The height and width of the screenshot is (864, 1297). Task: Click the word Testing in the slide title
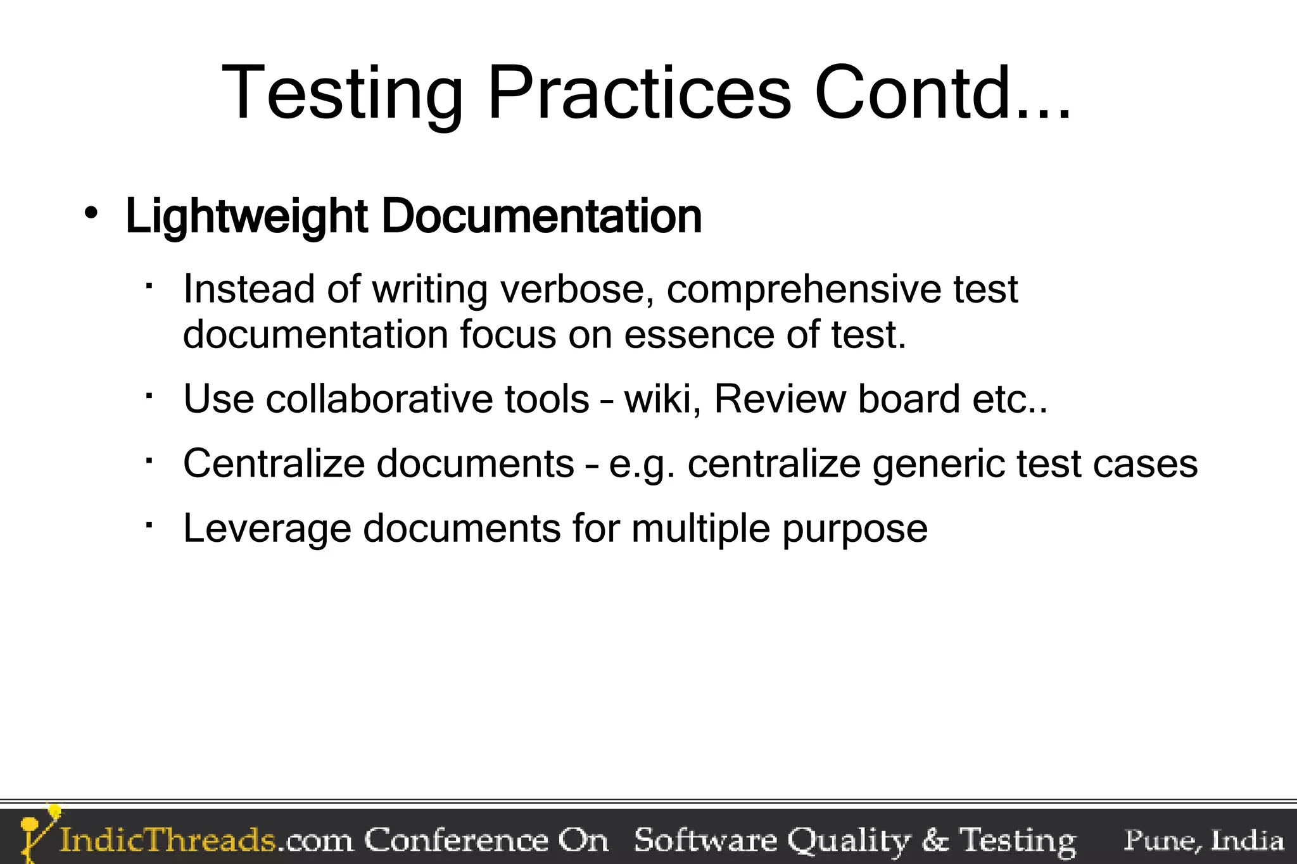[343, 94]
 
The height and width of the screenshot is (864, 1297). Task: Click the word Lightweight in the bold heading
[247, 217]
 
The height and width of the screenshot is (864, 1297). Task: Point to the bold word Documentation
[541, 216]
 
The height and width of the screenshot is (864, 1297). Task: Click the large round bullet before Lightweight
[92, 214]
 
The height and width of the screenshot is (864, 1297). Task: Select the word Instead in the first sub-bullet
[249, 289]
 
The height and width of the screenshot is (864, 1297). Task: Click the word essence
[699, 335]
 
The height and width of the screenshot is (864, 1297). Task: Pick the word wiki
[662, 399]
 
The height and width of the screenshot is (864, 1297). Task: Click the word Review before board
[780, 399]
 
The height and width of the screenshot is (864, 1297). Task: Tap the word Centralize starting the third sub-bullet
[274, 463]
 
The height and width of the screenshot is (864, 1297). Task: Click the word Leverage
[267, 529]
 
